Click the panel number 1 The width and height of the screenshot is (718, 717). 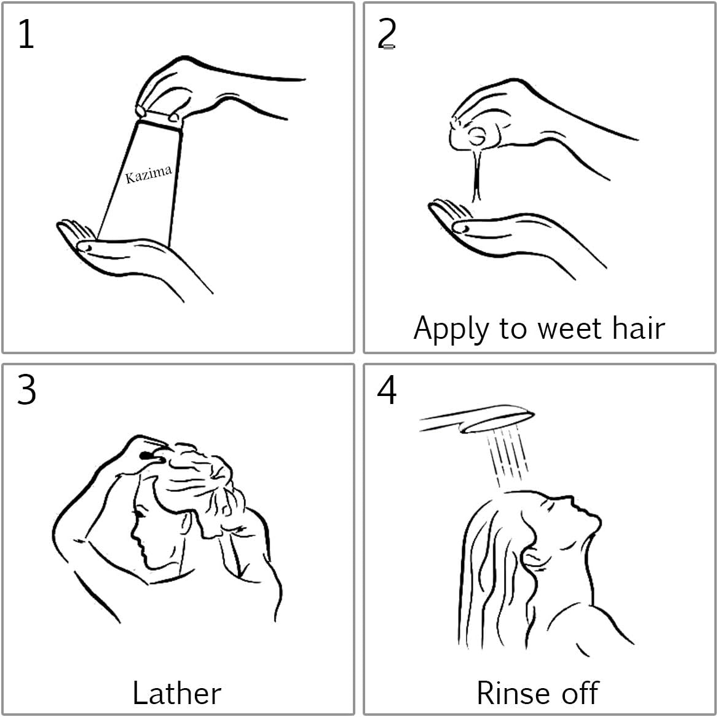click(x=26, y=34)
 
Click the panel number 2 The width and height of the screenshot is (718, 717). click(x=387, y=34)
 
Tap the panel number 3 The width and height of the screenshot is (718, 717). click(x=26, y=390)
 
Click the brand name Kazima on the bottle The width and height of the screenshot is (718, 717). click(x=149, y=174)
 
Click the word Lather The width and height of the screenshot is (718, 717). click(x=177, y=692)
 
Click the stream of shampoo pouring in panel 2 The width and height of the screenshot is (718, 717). click(x=476, y=174)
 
